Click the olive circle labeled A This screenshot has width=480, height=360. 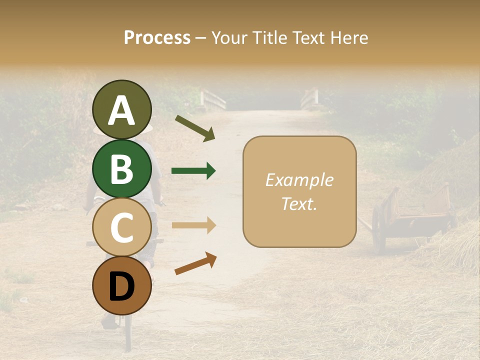coord(121,110)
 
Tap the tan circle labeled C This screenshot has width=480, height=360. coord(121,227)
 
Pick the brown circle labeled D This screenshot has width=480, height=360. coord(121,285)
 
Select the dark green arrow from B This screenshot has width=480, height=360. coord(193,171)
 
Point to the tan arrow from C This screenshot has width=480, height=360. coord(193,225)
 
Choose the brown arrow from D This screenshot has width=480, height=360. coord(195,263)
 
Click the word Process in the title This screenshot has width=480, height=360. coord(157,37)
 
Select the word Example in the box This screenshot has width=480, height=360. coord(299,180)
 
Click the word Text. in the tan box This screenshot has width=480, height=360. coord(299,203)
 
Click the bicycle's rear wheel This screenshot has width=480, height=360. coord(128,330)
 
